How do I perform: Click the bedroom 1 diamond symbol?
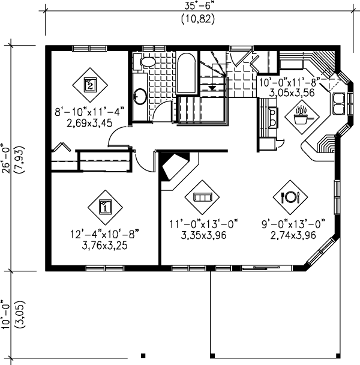[104, 208]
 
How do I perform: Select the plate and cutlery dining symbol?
[290, 196]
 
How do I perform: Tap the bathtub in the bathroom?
[187, 74]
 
